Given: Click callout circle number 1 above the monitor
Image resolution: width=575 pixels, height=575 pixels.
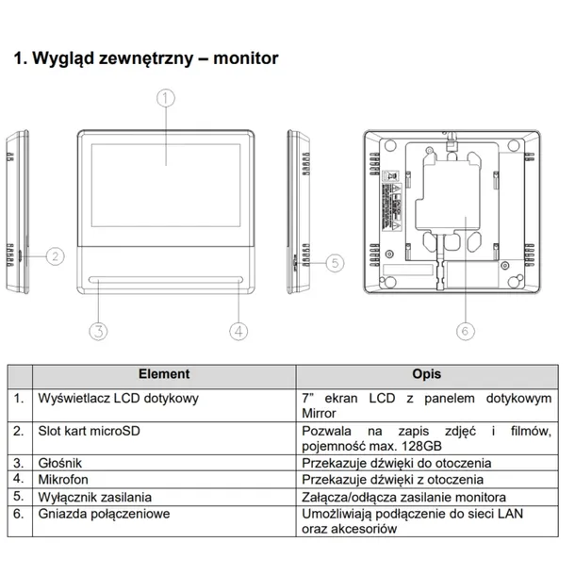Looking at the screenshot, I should tap(165, 96).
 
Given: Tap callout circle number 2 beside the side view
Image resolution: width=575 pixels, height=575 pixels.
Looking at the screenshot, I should tap(56, 255).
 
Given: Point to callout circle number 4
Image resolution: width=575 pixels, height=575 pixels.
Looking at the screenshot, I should tap(238, 330).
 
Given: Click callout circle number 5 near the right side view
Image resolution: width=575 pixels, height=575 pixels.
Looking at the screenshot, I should tap(333, 263).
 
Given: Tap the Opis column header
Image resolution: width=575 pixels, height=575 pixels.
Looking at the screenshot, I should tap(426, 374).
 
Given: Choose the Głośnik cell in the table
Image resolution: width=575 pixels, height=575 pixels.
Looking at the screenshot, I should tap(61, 463).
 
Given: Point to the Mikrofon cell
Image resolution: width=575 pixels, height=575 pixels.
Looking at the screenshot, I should tap(63, 480).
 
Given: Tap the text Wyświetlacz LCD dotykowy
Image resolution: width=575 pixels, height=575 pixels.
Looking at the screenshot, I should tap(119, 399).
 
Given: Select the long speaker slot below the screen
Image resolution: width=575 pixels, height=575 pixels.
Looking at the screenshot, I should tap(167, 279).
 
